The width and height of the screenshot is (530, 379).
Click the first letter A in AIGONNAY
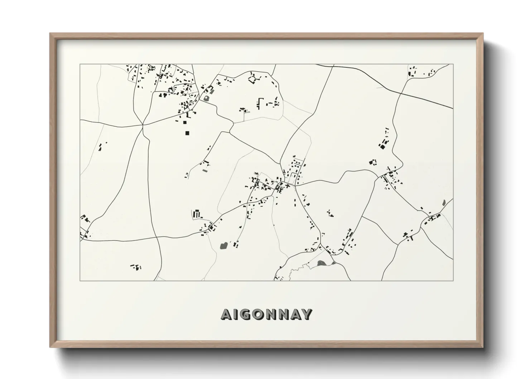click(x=226, y=314)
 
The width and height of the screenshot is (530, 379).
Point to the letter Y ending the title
click(x=307, y=314)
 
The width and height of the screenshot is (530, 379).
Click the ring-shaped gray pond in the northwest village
click(x=206, y=97)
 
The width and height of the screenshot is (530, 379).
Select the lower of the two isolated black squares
click(x=187, y=133)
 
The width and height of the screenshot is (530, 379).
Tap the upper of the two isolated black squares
click(x=185, y=123)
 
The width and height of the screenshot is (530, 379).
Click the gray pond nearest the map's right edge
click(x=444, y=202)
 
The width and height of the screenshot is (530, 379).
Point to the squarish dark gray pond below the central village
click(x=223, y=246)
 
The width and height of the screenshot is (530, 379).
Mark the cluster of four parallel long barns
click(x=197, y=214)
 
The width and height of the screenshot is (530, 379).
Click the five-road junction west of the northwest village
click(x=143, y=125)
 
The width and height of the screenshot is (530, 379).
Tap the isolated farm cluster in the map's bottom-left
click(x=136, y=267)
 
